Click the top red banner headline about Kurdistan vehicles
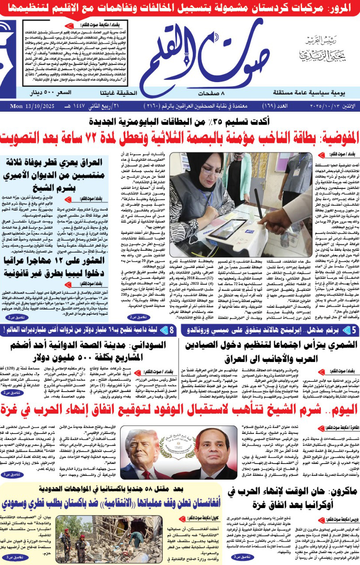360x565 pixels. [180, 8]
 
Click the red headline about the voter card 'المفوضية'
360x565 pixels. [180, 137]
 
